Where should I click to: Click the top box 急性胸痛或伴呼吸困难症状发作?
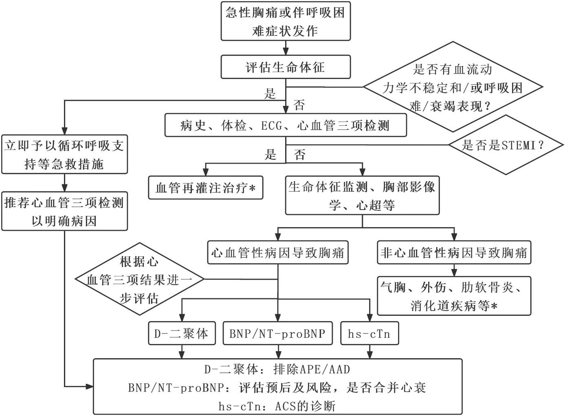point(286,21)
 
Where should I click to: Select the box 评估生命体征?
point(286,67)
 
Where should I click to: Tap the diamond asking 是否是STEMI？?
point(506,145)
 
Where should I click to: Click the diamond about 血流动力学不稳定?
point(452,87)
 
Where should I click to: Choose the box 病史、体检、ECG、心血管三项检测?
point(286,125)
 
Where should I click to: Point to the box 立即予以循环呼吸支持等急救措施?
point(64,155)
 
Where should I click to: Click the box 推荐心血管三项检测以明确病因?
point(64,212)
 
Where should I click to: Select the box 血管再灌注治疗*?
point(206,188)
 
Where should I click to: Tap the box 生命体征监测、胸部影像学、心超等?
point(362,195)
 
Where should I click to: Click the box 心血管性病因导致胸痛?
point(278,253)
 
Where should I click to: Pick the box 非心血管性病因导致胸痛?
point(454,253)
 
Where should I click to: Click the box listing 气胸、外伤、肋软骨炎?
point(454,296)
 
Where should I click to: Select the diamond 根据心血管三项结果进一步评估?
point(139,280)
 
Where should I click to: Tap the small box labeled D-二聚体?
point(182,334)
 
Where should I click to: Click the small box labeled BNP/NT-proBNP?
point(278,334)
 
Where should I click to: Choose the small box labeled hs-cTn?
point(369,334)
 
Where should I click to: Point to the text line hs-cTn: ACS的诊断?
point(277,406)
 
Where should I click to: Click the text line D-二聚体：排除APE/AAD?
point(277,370)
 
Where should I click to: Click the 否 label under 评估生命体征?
point(299,106)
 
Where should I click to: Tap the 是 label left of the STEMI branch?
point(271,155)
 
